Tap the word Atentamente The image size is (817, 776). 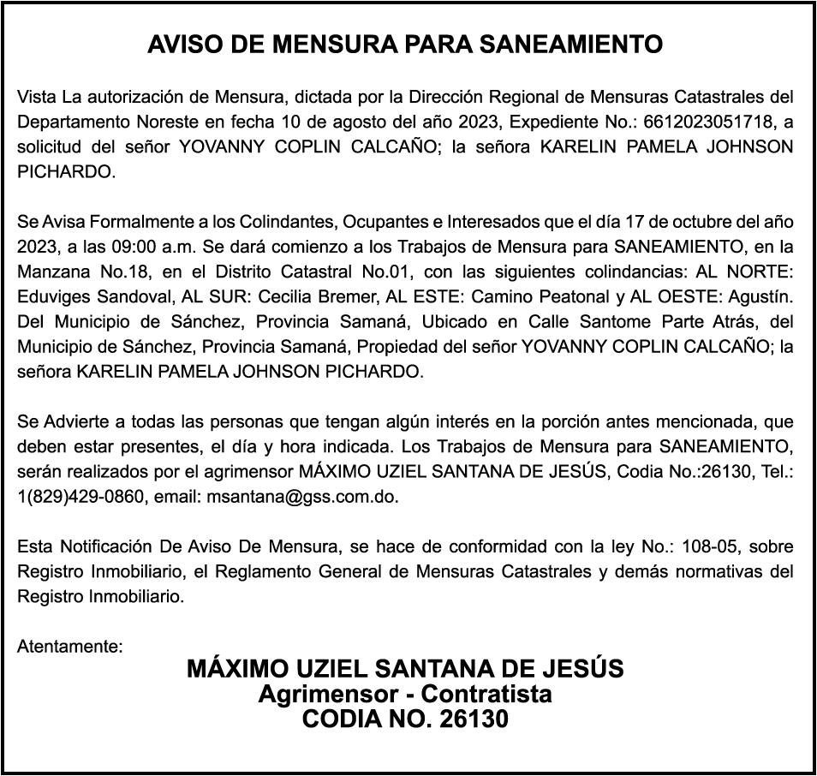70,647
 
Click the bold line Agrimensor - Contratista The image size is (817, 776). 405,695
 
